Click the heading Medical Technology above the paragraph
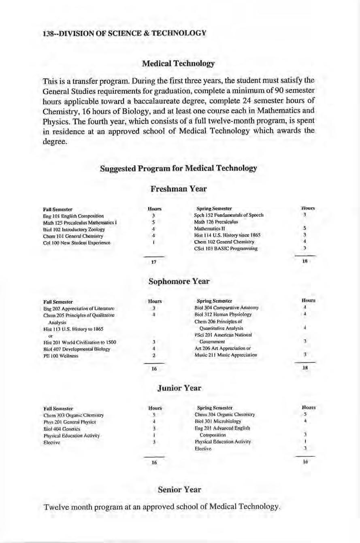[178, 64]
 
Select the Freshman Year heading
[179, 189]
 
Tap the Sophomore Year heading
[179, 281]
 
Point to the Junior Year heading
[179, 388]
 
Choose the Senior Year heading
[179, 490]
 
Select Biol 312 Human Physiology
[223, 314]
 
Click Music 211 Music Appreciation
[226, 355]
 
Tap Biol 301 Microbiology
[218, 421]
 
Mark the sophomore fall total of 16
[154, 369]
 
